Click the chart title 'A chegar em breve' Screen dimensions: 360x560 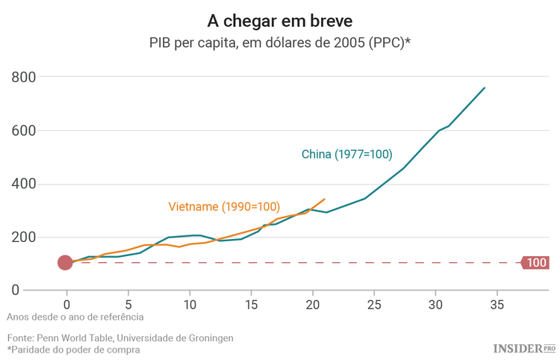pos(279,19)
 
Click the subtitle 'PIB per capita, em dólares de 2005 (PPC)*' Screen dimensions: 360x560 pos(279,43)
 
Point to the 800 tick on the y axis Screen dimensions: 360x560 pos(26,77)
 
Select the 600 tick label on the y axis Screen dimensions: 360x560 pos(26,131)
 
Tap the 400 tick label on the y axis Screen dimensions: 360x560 pos(26,184)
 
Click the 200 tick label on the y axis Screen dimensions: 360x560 pos(26,238)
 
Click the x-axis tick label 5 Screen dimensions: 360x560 pos(128,305)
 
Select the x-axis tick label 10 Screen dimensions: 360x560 pos(190,305)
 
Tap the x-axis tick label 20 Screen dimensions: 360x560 pos(312,305)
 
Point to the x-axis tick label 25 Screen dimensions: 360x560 pos(374,305)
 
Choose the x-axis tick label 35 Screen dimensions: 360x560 pos(497,305)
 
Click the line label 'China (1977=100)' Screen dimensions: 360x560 pos(346,155)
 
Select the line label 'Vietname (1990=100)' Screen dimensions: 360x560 pos(223,206)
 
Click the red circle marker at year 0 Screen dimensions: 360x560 pos(66,262)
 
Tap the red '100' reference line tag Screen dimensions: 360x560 pos(535,262)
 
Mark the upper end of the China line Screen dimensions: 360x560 pos(485,87)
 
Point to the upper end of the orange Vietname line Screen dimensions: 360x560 pos(325,199)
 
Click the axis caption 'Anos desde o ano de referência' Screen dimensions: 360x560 pos(75,317)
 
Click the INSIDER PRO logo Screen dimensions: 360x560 pos(524,348)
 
